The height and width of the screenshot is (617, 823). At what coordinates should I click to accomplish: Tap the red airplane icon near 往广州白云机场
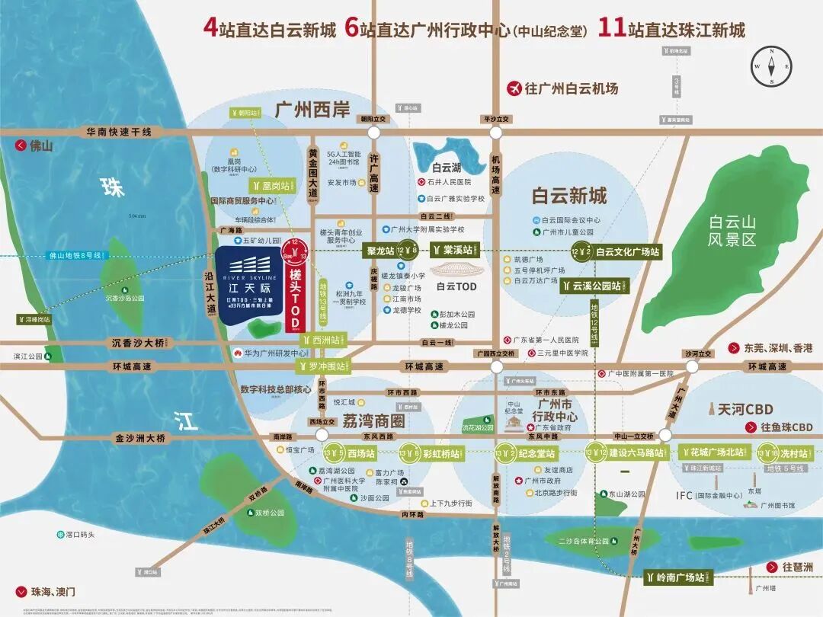pyautogui.click(x=514, y=88)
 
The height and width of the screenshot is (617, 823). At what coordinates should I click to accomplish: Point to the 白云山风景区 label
pyautogui.click(x=732, y=231)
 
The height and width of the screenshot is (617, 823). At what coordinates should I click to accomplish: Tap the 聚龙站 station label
pyautogui.click(x=379, y=251)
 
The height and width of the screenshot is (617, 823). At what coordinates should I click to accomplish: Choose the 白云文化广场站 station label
pyautogui.click(x=627, y=251)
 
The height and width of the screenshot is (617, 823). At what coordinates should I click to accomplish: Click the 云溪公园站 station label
pyautogui.click(x=592, y=286)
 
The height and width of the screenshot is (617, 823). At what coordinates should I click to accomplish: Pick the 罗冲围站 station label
pyautogui.click(x=321, y=367)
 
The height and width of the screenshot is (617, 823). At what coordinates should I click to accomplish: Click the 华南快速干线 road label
pyautogui.click(x=119, y=132)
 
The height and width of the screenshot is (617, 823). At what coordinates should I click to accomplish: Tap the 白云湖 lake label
pyautogui.click(x=447, y=168)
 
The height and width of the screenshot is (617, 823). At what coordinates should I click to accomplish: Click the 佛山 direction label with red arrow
pyautogui.click(x=35, y=145)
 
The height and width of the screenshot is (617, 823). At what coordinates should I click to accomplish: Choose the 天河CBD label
pyautogui.click(x=737, y=410)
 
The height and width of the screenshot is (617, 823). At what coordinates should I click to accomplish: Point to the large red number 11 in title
pyautogui.click(x=610, y=28)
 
